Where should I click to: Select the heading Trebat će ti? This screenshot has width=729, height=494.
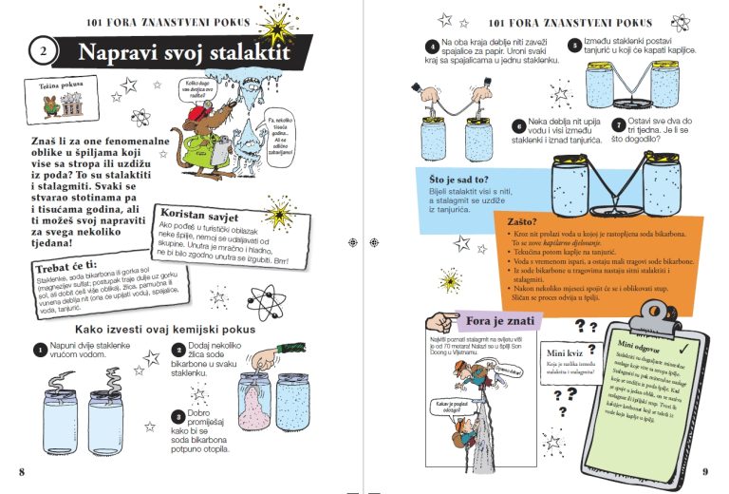point(65,265)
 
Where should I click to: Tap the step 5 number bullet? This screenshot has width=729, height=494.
point(574,45)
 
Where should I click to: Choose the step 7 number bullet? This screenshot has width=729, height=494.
point(618,124)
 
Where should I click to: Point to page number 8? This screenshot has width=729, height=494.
point(22,471)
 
